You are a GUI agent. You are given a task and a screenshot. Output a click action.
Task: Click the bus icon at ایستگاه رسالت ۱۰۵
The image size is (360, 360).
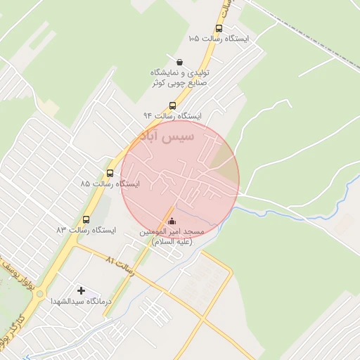pos(219,29)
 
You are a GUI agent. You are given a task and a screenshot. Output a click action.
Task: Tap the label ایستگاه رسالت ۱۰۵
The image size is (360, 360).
pos(219,39)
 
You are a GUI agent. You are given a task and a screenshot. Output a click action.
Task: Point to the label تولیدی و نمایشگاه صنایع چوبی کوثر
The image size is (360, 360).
pos(180,77)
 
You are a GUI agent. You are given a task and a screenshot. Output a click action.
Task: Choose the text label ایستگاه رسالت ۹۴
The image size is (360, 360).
pos(173,115)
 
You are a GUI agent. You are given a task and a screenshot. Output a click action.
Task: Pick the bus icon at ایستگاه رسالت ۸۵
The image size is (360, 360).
pos(110,173)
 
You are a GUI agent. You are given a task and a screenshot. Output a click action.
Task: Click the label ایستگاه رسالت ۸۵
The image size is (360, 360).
pos(110,184)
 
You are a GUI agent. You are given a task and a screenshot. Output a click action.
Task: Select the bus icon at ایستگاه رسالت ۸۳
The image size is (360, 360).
pos(86,219)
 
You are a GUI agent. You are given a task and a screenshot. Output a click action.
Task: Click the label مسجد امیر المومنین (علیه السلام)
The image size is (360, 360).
pos(172,236)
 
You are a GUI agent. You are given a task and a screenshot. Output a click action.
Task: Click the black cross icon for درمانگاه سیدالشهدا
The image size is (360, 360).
pos(82,290)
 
